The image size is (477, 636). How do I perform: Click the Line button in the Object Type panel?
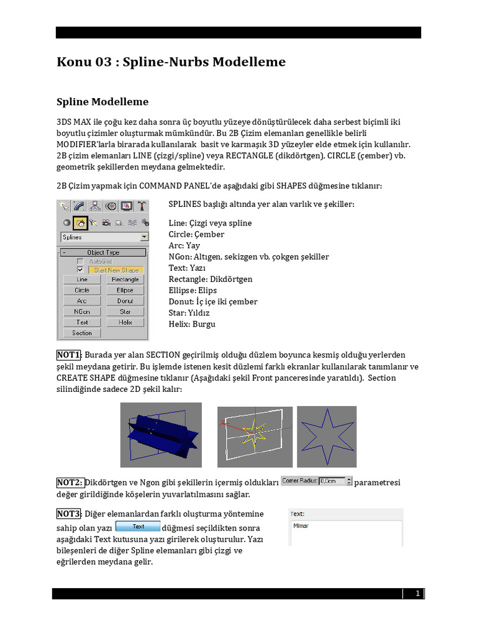pos(82,279)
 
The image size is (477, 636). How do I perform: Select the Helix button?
pos(125,322)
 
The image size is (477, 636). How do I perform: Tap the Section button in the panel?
pos(82,333)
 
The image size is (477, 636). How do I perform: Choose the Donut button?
pos(125,301)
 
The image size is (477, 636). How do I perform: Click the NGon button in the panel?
pos(82,312)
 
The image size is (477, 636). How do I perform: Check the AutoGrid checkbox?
pos(79,261)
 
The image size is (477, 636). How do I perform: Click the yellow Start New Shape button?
pos(116,270)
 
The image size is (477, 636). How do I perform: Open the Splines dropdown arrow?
pos(144,237)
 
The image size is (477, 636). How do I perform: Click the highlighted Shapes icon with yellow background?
pos(79,222)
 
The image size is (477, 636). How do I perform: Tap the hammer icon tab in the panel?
pos(142,206)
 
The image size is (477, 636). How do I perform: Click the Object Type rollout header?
pos(104,252)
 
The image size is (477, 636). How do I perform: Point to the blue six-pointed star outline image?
pos(327,437)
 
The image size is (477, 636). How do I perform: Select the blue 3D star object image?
pos(161,434)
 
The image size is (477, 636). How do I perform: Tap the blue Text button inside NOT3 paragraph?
pos(138,527)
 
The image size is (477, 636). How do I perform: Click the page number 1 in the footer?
pos(418,594)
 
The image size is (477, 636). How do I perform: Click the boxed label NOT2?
pos(70,483)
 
